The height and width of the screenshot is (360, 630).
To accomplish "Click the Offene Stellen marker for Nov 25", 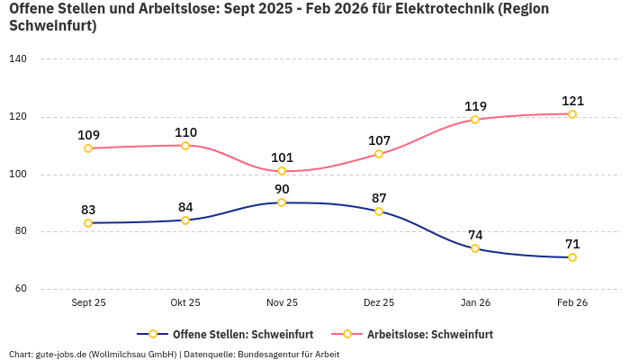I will pos(282,202).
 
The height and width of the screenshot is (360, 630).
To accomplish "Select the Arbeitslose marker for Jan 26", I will pos(475,120).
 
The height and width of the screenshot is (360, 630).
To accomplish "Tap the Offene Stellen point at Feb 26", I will pos(572,257).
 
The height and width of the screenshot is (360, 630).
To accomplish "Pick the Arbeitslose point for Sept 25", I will pos(88,148).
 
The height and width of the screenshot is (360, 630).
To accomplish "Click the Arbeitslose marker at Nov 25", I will pos(282,171).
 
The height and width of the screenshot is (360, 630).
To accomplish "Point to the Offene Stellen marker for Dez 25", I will pos(379,211).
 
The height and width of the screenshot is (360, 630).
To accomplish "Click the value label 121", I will pos(572,101).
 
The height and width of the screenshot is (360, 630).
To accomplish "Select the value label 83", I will pos(88,210).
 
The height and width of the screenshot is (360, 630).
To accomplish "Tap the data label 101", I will pos(282,157).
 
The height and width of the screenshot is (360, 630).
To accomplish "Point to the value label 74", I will pos(475,235).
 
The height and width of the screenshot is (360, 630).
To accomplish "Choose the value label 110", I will pos(185,132).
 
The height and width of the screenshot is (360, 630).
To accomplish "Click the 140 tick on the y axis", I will pos(18,59).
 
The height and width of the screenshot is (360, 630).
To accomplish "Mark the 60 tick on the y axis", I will pos(21,289).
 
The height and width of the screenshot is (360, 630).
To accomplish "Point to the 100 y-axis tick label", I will pos(18,175).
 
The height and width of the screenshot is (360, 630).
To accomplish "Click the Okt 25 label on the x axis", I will pos(185,303).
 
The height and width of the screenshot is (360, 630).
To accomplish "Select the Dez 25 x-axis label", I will pos(379,303).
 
